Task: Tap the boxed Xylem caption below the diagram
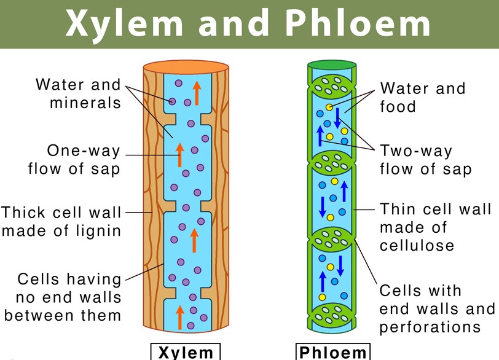point(186,353)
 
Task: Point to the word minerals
point(85,103)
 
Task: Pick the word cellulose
point(417,246)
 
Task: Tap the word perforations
point(430,327)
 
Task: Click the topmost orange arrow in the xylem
point(197,92)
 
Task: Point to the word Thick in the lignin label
point(23,213)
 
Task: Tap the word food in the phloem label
point(398,107)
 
